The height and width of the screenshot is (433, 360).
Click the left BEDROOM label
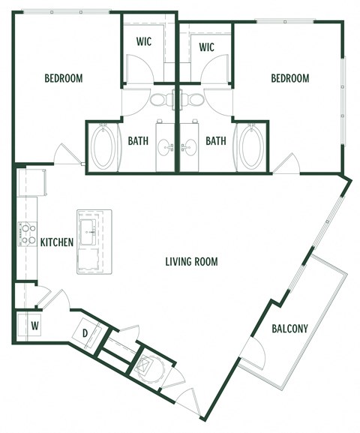[63, 78]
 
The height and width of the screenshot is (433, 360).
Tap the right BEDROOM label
[289, 78]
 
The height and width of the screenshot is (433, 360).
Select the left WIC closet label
[144, 43]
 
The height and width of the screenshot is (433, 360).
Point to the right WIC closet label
[208, 47]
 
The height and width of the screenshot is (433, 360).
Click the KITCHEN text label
[56, 242]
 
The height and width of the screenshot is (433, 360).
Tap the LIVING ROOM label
[191, 262]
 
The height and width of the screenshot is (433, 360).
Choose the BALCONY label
[289, 328]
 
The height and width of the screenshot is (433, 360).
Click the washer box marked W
[34, 326]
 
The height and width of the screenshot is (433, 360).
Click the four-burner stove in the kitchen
[28, 235]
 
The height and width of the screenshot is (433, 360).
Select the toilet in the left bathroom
[160, 100]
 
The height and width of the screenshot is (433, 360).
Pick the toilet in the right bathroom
[195, 100]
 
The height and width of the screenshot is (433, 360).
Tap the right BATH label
[216, 140]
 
